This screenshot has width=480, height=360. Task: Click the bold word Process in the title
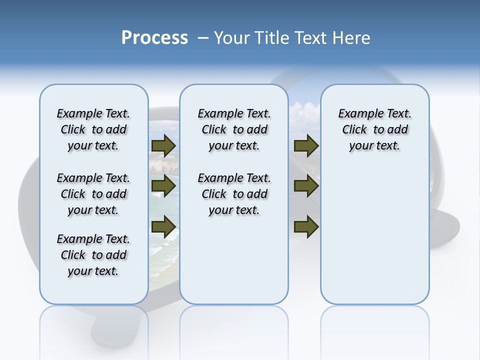pyautogui.click(x=154, y=38)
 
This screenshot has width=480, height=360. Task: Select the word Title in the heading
pyautogui.click(x=272, y=38)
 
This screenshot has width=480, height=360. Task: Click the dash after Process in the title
pyautogui.click(x=203, y=38)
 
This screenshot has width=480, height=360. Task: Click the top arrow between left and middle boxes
pyautogui.click(x=163, y=145)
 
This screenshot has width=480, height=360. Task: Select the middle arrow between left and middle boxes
pyautogui.click(x=163, y=186)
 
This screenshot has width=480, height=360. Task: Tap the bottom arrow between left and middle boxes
pyautogui.click(x=163, y=226)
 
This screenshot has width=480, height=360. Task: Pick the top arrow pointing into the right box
pyautogui.click(x=306, y=145)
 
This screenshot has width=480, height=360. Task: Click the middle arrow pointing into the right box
pyautogui.click(x=306, y=186)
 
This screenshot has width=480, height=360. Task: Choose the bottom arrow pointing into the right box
pyautogui.click(x=306, y=226)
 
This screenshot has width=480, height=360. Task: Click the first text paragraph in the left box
pyautogui.click(x=93, y=129)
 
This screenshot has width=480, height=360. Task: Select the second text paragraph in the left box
pyautogui.click(x=93, y=194)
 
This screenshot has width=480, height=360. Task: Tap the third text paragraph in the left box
pyautogui.click(x=93, y=255)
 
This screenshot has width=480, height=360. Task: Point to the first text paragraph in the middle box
pyautogui.click(x=234, y=129)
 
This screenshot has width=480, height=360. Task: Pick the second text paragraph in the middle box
pyautogui.click(x=234, y=194)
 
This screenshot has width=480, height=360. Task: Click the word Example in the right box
pyautogui.click(x=357, y=114)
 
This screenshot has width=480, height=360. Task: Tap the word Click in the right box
pyautogui.click(x=354, y=130)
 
